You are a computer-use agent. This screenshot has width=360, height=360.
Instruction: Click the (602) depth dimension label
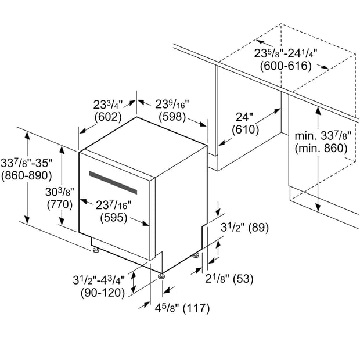[x=108, y=117]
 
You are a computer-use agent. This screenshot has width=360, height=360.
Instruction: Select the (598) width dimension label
[x=172, y=117]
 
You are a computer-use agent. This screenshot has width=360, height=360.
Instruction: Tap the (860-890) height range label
[x=27, y=176]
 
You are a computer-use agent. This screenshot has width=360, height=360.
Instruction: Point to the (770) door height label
[x=60, y=204]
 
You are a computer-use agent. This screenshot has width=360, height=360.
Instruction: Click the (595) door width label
[x=114, y=218]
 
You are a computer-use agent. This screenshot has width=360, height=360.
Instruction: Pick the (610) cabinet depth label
[x=246, y=129]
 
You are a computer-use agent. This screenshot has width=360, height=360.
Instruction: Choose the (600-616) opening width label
[x=286, y=66]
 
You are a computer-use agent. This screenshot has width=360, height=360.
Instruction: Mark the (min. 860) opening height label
[x=321, y=149]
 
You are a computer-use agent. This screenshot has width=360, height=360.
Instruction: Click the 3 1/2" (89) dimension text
[x=245, y=228]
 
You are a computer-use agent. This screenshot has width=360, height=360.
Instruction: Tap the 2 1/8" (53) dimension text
[x=229, y=279]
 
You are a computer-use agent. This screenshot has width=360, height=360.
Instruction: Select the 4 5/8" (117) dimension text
[x=182, y=308]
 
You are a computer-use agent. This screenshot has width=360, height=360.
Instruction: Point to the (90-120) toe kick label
[x=103, y=293]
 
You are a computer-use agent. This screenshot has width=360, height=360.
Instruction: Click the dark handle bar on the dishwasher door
[x=113, y=182]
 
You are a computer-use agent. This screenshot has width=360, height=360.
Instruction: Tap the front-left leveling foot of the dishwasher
[x=95, y=250]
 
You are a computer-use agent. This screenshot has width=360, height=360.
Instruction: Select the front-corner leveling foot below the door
[x=161, y=276]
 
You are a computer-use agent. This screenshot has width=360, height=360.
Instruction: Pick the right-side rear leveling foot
[x=196, y=255]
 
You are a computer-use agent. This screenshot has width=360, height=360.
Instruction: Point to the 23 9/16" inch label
[x=172, y=105]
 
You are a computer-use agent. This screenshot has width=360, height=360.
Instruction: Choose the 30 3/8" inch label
[x=60, y=192]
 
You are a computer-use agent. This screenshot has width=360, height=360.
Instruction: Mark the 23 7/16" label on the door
[x=113, y=205]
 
